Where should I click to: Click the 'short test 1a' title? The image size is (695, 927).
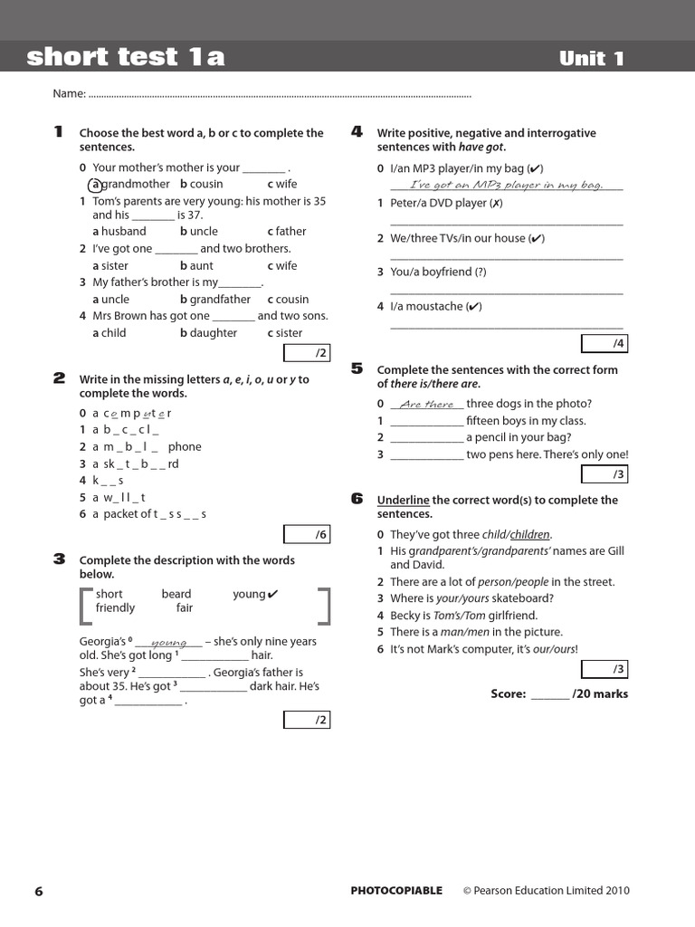pos(126,58)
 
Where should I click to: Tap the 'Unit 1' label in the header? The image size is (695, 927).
pos(592,59)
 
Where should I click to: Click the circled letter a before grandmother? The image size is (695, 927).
pos(95,185)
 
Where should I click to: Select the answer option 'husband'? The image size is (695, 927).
pos(124,232)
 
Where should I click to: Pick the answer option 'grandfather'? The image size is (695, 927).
pos(219,300)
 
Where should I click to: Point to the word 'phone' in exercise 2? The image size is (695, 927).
pos(185,446)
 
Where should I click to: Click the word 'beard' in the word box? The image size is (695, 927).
pos(176,595)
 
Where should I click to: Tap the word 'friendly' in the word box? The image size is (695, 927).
pos(115,608)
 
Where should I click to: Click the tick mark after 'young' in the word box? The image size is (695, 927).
pos(274,595)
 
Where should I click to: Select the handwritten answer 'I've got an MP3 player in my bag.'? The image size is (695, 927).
pos(506,186)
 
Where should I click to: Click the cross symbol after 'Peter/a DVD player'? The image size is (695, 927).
pos(496,204)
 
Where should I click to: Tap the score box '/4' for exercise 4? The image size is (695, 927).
pos(604,344)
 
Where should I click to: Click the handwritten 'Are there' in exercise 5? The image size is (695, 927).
pos(426,405)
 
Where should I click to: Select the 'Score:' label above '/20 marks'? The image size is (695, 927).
pos(508,694)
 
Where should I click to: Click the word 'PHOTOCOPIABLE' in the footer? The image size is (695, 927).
pos(396,891)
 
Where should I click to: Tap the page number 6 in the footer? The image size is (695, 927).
pos(39,891)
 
